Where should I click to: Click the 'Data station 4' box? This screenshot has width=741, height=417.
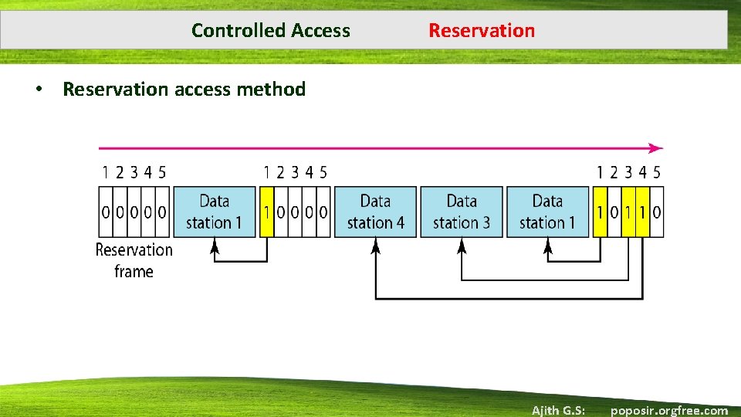(x=375, y=212)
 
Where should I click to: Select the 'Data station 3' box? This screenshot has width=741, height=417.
(x=462, y=212)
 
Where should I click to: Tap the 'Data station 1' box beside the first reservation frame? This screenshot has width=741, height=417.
(x=214, y=212)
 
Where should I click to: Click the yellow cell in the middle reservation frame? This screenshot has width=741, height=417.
(x=267, y=212)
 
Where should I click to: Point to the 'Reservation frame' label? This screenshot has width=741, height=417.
(x=134, y=260)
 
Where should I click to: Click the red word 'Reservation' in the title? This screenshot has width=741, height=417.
(x=482, y=31)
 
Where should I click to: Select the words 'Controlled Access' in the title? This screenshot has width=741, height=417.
(x=270, y=31)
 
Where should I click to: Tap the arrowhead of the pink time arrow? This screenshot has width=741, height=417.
(x=656, y=148)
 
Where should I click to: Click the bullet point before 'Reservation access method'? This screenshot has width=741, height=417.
(x=37, y=90)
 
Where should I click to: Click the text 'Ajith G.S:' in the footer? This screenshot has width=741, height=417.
(x=557, y=410)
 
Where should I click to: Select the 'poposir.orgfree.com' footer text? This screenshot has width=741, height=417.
(x=669, y=410)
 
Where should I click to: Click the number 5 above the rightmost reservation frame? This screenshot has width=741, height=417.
(x=656, y=172)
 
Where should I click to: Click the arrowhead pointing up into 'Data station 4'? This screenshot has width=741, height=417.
(x=376, y=245)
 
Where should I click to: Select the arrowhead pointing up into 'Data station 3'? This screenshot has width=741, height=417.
(x=462, y=245)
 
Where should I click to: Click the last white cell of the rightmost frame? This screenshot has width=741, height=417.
(x=656, y=212)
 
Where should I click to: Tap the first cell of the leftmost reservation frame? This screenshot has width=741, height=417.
(x=107, y=212)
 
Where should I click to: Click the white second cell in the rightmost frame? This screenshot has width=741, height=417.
(x=614, y=212)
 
